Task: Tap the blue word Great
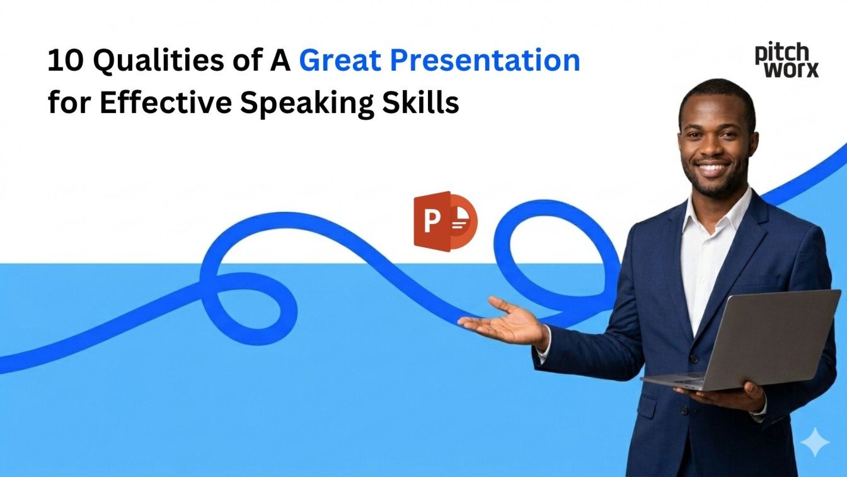(x=339, y=61)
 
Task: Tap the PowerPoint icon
(x=445, y=221)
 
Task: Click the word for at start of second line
(x=69, y=102)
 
